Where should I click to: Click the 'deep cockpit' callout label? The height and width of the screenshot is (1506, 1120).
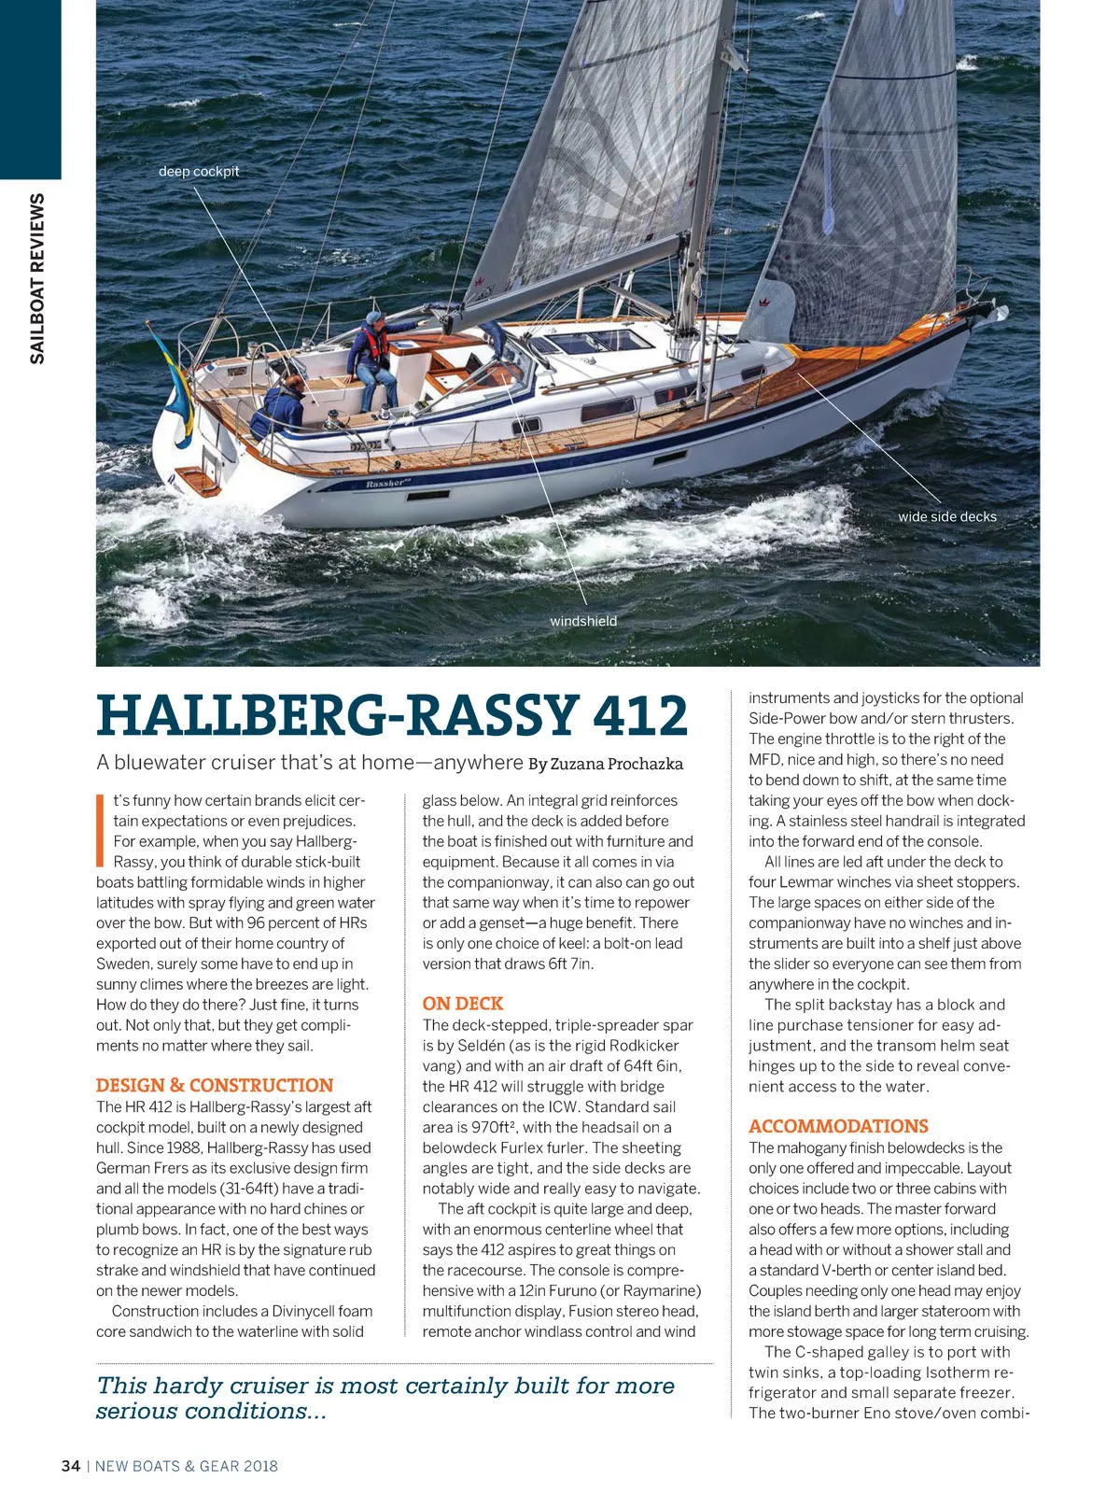pyautogui.click(x=199, y=172)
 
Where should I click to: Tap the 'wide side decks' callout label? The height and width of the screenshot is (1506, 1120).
pyautogui.click(x=946, y=516)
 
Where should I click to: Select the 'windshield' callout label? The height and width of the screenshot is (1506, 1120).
pyautogui.click(x=583, y=621)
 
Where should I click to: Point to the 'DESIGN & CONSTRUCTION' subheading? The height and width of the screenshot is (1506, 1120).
pyautogui.click(x=215, y=1085)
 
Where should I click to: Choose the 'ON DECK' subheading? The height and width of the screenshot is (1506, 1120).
pyautogui.click(x=463, y=1004)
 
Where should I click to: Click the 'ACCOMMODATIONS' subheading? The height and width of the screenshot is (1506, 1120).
pyautogui.click(x=838, y=1126)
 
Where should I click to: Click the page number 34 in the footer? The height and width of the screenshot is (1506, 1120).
pyautogui.click(x=71, y=1466)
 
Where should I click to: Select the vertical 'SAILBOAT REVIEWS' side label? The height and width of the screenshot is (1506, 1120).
pyautogui.click(x=37, y=278)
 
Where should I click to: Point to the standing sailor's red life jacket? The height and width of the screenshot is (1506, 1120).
pyautogui.click(x=375, y=345)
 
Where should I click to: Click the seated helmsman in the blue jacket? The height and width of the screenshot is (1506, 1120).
pyautogui.click(x=283, y=406)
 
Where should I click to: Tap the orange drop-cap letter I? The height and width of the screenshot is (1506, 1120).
pyautogui.click(x=100, y=830)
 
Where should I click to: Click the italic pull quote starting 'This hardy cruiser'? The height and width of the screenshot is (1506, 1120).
pyautogui.click(x=385, y=1398)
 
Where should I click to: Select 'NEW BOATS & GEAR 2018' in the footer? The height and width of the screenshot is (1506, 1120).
pyautogui.click(x=187, y=1466)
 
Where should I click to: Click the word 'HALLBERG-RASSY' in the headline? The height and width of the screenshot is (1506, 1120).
pyautogui.click(x=336, y=716)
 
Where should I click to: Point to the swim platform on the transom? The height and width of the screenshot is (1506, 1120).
pyautogui.click(x=198, y=480)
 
